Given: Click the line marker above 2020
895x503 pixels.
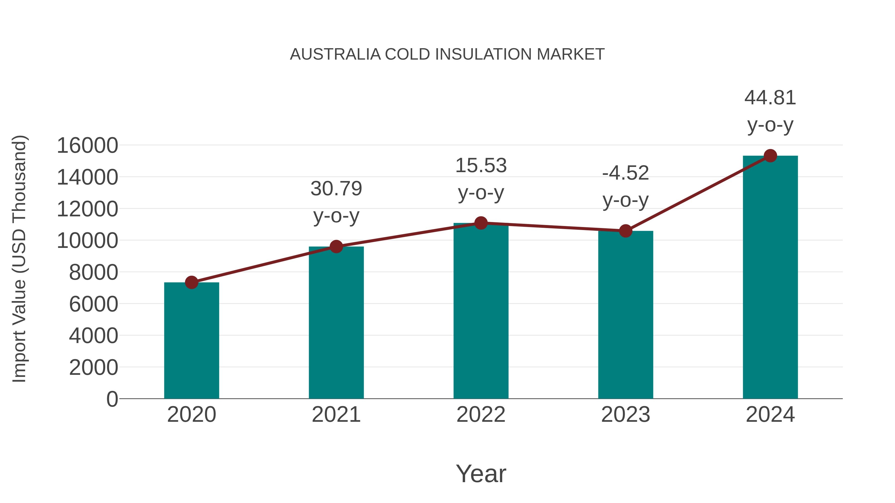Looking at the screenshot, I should (191, 282).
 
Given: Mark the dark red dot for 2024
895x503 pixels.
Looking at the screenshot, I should (770, 156).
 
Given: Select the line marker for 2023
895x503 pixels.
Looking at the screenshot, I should (626, 231).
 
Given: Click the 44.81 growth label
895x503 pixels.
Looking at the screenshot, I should (770, 98).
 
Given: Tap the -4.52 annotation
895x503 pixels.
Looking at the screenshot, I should (626, 173).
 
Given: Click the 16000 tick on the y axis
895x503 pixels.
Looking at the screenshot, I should (87, 146).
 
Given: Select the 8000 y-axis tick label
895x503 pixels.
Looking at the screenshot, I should (93, 272).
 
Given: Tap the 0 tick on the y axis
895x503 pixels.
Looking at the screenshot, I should (112, 399).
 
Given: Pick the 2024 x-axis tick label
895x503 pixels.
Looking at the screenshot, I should (770, 415).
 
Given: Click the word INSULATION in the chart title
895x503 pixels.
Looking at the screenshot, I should (483, 54).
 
